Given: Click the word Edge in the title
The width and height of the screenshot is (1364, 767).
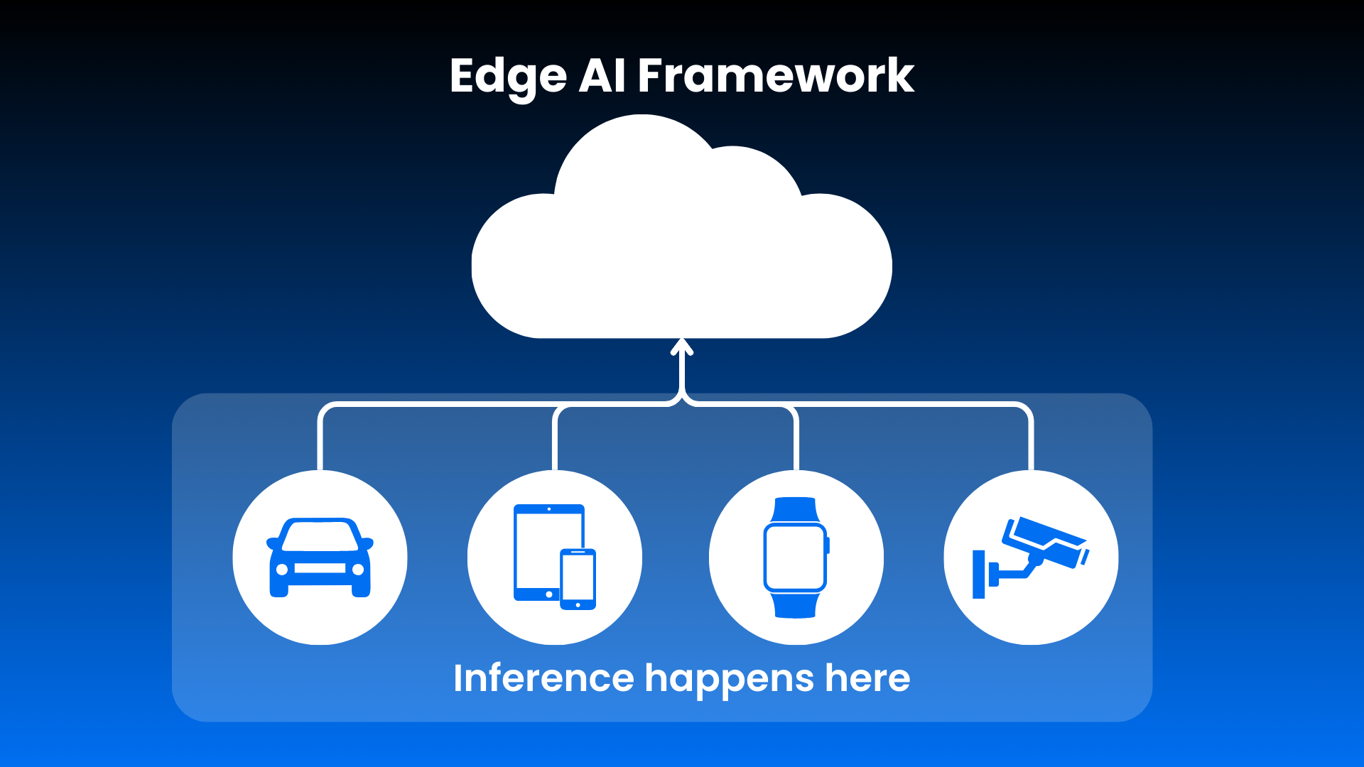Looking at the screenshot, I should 508,76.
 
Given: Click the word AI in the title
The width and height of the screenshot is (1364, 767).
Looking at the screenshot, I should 602,76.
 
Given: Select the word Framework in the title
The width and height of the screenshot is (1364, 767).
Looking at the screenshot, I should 776,76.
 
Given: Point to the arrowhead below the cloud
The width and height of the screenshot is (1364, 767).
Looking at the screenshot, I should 682,347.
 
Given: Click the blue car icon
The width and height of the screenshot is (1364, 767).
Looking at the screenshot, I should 320,557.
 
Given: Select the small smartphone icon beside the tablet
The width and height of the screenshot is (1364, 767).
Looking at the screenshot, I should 578,579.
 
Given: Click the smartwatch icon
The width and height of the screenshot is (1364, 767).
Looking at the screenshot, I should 796,557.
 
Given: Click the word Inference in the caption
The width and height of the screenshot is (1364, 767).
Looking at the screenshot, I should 543,678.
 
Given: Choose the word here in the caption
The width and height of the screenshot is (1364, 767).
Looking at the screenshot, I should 867,678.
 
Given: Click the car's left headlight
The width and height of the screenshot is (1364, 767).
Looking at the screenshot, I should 282,569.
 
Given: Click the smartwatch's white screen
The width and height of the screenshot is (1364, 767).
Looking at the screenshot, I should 795,557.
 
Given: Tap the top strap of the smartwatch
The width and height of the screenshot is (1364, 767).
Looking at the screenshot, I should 795,509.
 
